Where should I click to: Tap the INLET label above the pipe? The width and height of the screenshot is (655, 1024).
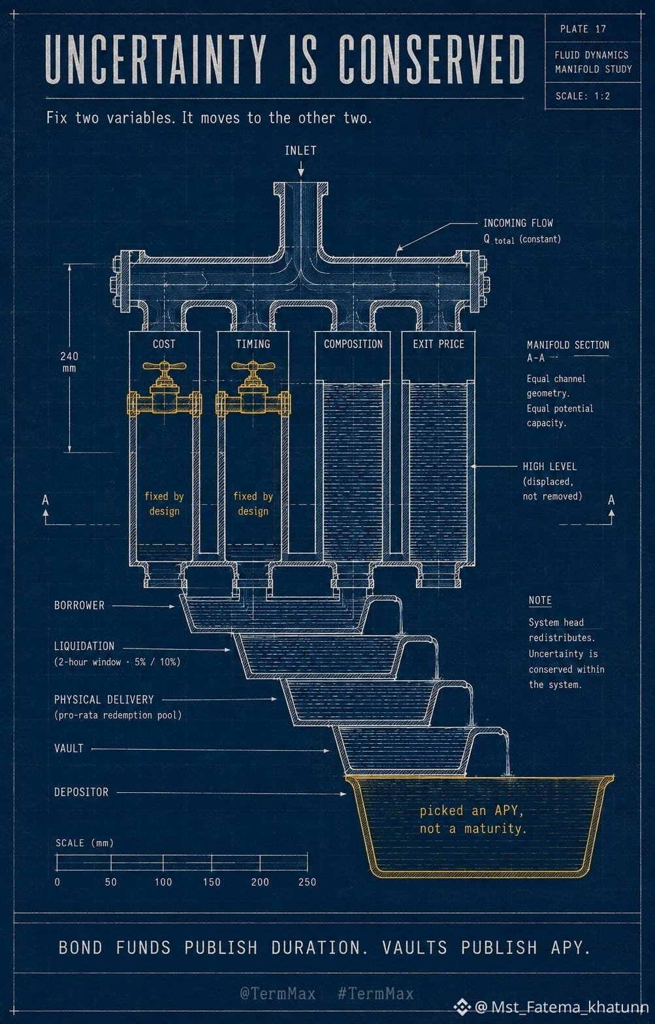pyautogui.click(x=300, y=150)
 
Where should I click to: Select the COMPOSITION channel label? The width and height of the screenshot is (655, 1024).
pyautogui.click(x=353, y=344)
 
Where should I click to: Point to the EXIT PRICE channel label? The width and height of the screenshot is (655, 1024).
pyautogui.click(x=438, y=344)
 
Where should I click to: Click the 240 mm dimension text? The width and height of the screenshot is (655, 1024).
pyautogui.click(x=69, y=362)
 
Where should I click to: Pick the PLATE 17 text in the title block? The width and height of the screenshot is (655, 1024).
pyautogui.click(x=583, y=29)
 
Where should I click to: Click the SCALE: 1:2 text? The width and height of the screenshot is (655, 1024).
pyautogui.click(x=583, y=96)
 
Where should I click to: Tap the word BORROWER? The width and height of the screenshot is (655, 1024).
pyautogui.click(x=79, y=605)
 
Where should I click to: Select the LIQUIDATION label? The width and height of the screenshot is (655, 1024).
pyautogui.click(x=84, y=646)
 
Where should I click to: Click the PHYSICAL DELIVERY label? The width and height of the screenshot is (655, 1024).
pyautogui.click(x=104, y=699)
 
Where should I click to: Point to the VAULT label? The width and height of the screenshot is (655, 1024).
pyautogui.click(x=69, y=748)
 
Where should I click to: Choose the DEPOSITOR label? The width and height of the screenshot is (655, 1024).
pyautogui.click(x=81, y=792)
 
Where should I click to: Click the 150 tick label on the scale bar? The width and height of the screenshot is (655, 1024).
pyautogui.click(x=212, y=882)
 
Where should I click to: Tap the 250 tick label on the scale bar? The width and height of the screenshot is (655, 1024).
pyautogui.click(x=307, y=882)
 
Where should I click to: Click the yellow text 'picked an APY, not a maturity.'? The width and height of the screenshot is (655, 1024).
pyautogui.click(x=473, y=820)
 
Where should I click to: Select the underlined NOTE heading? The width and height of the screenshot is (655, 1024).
pyautogui.click(x=540, y=600)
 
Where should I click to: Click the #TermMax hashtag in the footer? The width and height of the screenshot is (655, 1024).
pyautogui.click(x=375, y=993)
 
